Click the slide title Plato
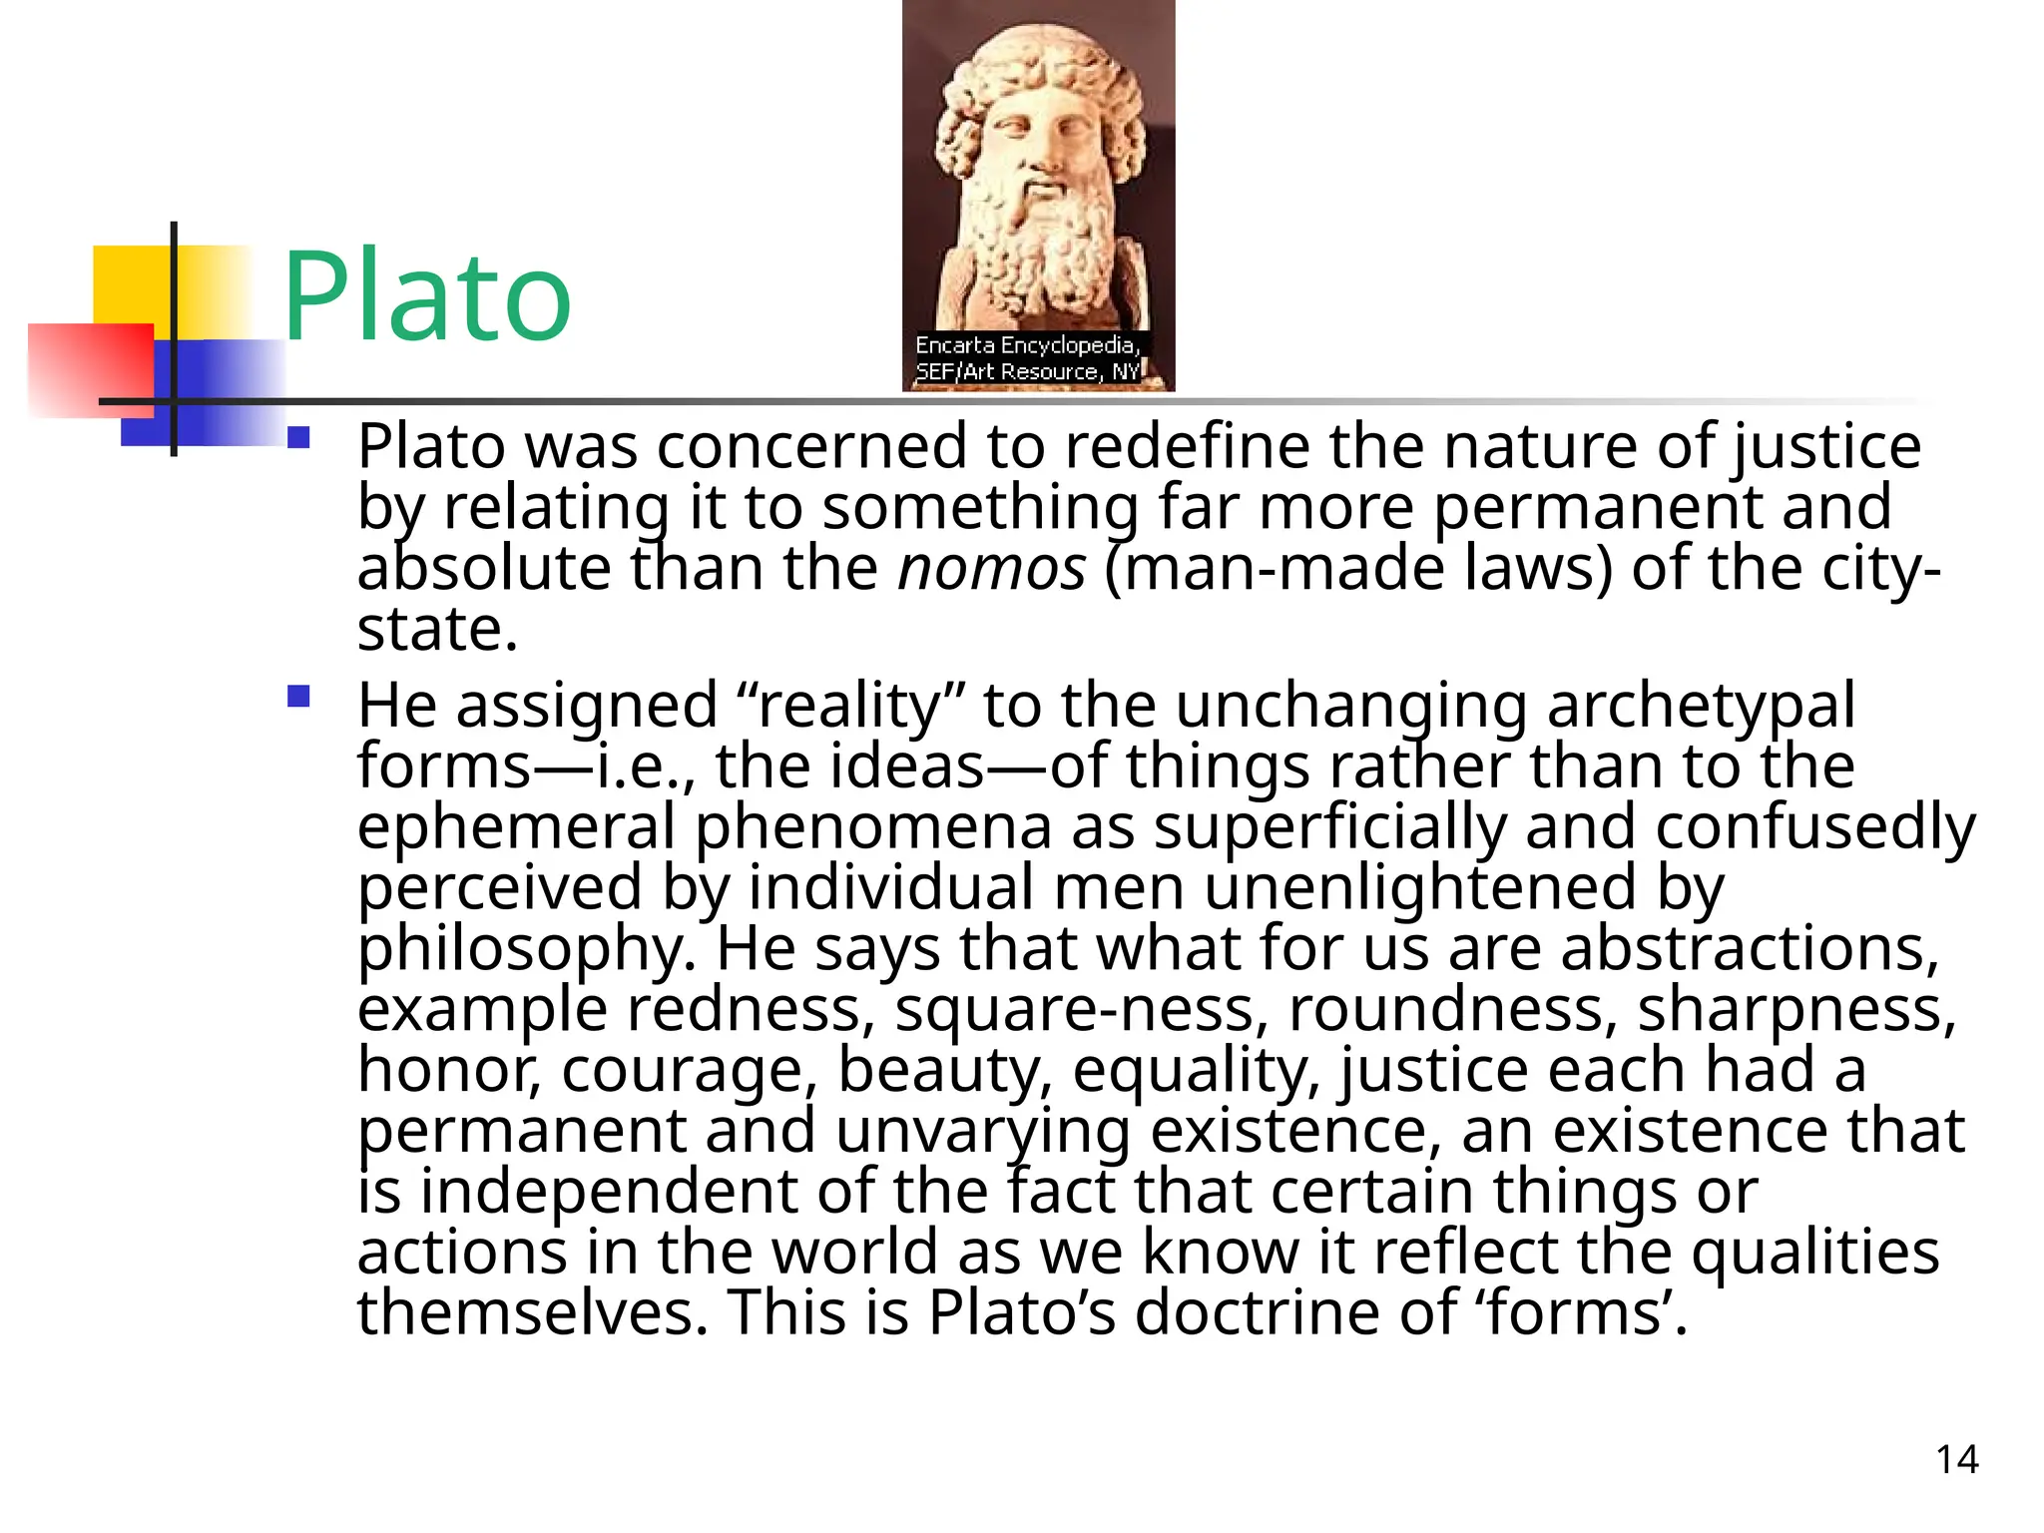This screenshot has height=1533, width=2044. tap(427, 297)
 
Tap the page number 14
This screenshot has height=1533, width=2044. tap(1957, 1459)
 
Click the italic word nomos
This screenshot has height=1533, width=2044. tap(991, 568)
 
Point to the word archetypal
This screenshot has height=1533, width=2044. tap(1701, 706)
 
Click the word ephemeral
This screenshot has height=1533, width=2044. tap(516, 827)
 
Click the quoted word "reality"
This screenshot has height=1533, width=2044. tap(851, 706)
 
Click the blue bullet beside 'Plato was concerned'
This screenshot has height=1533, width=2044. tap(298, 437)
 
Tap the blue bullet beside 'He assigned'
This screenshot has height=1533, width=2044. tap(298, 696)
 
